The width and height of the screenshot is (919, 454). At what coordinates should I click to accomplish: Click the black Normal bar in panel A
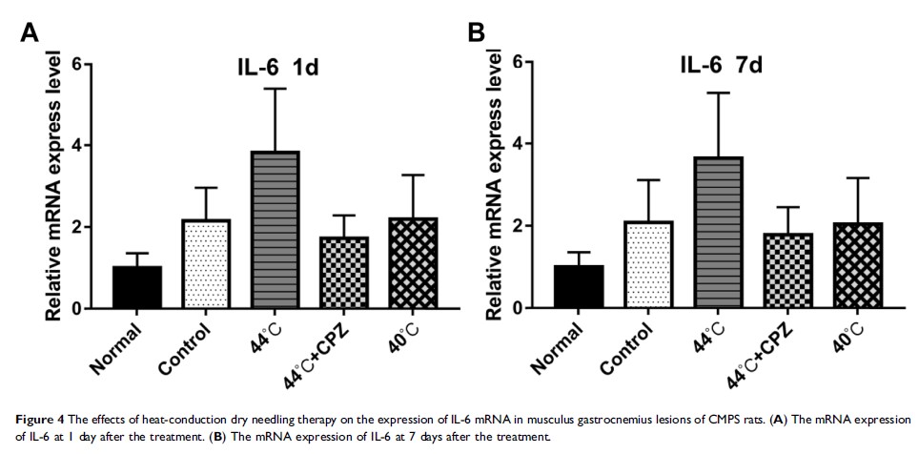tap(137, 287)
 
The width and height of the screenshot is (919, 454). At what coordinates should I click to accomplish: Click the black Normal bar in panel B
tap(579, 286)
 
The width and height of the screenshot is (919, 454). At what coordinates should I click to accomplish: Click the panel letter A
tap(30, 33)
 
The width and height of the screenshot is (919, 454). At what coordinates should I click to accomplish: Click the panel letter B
tap(474, 33)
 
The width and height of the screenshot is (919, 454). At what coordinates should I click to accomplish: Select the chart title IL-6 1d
tap(278, 69)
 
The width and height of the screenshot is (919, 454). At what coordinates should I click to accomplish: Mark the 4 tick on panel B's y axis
tap(533, 144)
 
